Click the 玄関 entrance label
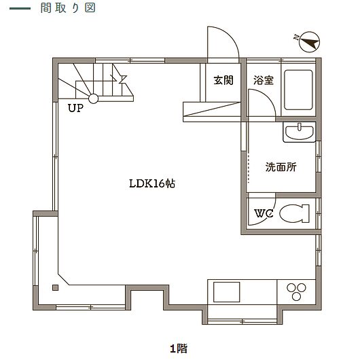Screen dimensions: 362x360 coord(223,80)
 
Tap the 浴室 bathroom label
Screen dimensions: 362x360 coord(264,80)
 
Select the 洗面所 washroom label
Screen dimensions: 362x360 coord(281,166)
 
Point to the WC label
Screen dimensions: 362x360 coord(264,213)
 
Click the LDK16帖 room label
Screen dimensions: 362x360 coord(152,183)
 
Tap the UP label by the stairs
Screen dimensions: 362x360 coord(75,108)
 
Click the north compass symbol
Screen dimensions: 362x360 coord(309,42)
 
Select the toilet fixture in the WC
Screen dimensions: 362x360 coord(294,213)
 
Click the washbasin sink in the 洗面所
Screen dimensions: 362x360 coord(300,132)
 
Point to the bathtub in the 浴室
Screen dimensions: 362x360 coord(299,90)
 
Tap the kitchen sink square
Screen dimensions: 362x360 coord(226,292)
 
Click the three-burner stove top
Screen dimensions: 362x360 coord(296,291)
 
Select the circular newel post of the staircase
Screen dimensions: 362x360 coord(94,98)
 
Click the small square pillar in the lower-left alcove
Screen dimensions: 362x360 coord(55,287)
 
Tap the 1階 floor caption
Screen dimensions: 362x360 coord(179,348)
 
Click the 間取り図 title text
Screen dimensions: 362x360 coord(68,8)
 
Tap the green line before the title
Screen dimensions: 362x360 coord(20,9)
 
